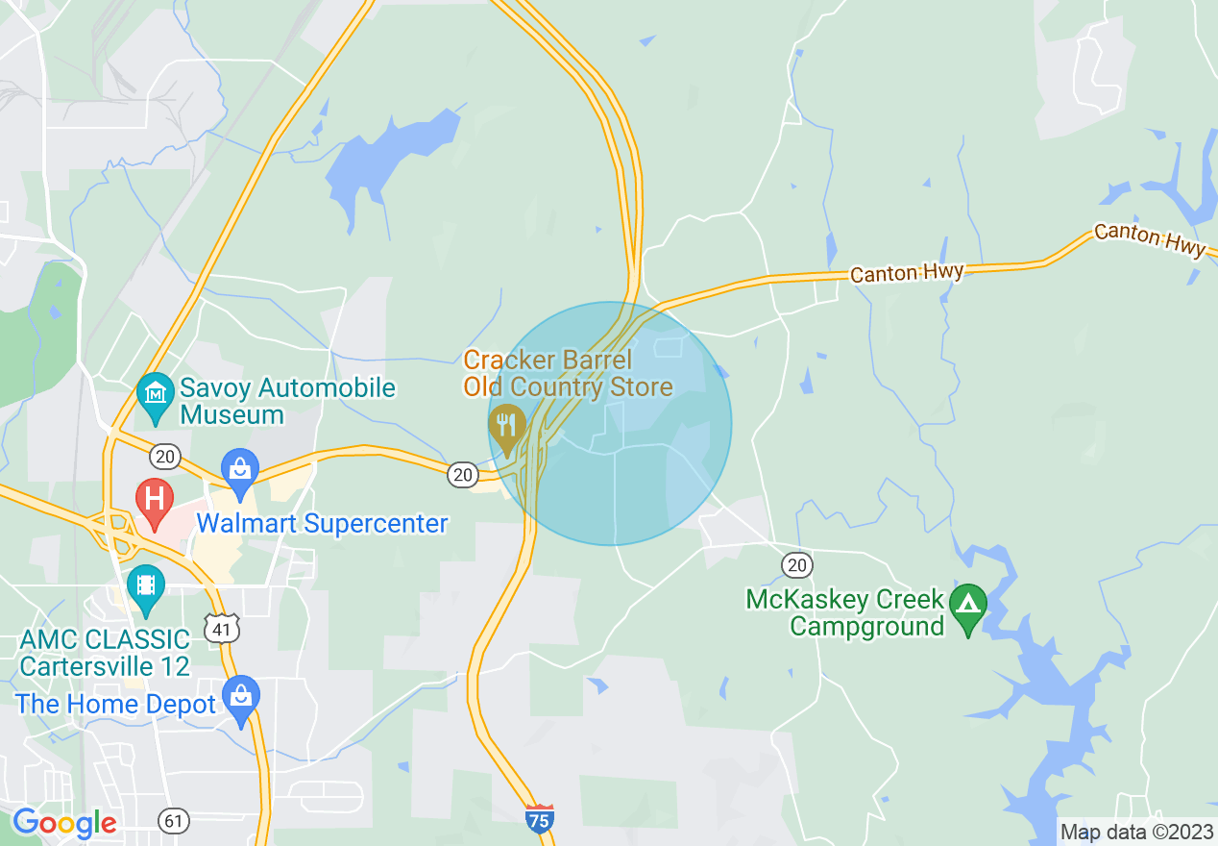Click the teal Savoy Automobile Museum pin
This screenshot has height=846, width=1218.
pyautogui.click(x=154, y=397)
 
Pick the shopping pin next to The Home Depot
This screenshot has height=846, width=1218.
pyautogui.click(x=240, y=698)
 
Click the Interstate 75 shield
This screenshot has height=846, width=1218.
pyautogui.click(x=540, y=818)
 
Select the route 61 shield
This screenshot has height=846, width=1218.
pyautogui.click(x=174, y=821)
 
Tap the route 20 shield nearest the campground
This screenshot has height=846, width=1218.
pyautogui.click(x=796, y=564)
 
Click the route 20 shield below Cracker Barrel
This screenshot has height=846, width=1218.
pyautogui.click(x=463, y=473)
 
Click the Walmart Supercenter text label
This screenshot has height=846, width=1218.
pyautogui.click(x=322, y=524)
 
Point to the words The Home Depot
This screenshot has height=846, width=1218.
pyautogui.click(x=115, y=705)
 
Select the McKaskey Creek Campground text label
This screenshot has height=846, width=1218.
pyautogui.click(x=845, y=613)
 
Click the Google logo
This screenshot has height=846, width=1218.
pyautogui.click(x=64, y=823)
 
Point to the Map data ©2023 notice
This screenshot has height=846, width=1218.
pyautogui.click(x=1136, y=832)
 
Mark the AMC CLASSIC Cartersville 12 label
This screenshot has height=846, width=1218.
pyautogui.click(x=105, y=653)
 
